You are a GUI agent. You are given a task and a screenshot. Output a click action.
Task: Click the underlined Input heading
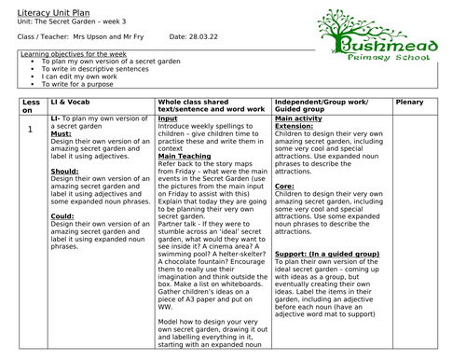click(168, 119)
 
